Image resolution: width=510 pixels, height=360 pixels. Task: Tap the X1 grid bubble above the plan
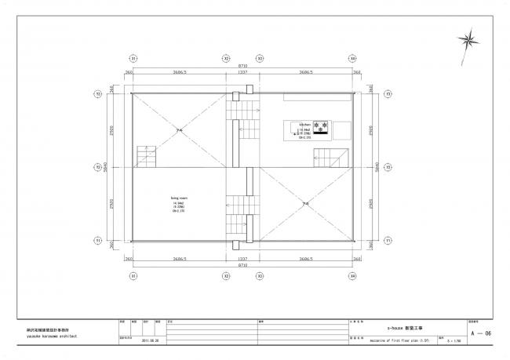[133, 59]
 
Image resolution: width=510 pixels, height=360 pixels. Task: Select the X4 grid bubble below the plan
[353, 276]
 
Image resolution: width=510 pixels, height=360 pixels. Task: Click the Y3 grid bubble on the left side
[98, 94]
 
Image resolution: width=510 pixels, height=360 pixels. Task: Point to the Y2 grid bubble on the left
[98, 167]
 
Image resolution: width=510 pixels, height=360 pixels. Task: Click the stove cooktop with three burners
[322, 126]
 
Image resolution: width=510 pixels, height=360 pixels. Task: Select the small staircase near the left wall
[147, 156]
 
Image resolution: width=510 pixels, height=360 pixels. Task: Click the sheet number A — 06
[480, 333]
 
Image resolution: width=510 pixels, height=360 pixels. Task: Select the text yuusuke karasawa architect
[43, 334]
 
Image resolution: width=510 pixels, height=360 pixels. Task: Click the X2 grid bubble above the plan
[226, 59]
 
